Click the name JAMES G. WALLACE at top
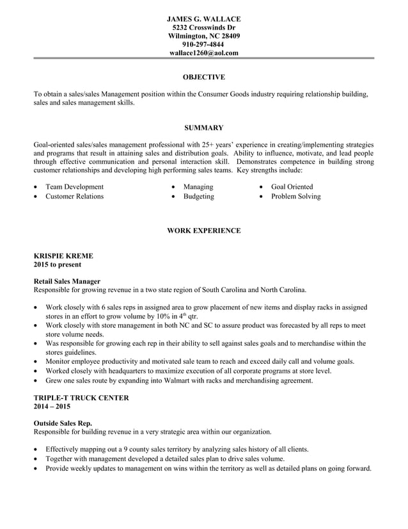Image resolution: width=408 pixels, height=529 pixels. (203, 19)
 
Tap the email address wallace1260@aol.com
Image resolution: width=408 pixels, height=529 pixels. (203, 53)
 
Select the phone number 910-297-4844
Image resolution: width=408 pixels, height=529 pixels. (203, 45)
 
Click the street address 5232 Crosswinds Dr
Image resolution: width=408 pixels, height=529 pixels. (203, 28)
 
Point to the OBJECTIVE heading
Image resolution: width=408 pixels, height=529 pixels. (203, 77)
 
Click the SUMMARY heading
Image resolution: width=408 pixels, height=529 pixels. (203, 128)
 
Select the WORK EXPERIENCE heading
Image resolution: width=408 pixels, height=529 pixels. (203, 231)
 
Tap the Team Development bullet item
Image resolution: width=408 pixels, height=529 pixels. (74, 187)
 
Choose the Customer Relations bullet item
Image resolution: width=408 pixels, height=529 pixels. (74, 197)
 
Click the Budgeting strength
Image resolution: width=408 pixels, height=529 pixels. (198, 197)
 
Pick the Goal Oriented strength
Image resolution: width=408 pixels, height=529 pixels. (292, 187)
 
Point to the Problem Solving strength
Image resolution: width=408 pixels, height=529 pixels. (295, 197)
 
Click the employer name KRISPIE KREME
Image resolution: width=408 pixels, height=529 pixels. (63, 256)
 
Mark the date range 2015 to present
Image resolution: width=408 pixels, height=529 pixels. (58, 264)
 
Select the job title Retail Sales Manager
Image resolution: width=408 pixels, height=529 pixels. (67, 281)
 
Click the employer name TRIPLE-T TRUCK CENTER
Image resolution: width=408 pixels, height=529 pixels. (81, 398)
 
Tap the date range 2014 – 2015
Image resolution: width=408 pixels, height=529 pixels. (52, 407)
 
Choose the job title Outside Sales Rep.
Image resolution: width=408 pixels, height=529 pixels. (63, 423)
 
